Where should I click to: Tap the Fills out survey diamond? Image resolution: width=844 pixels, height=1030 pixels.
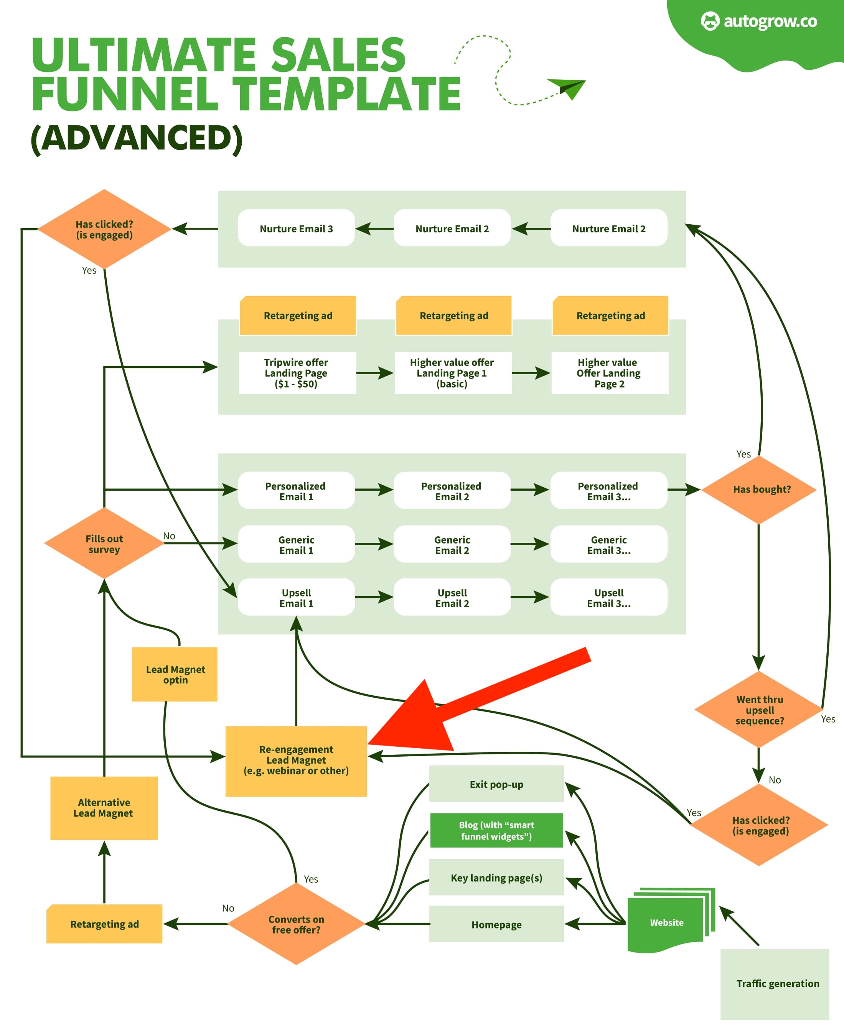(104, 544)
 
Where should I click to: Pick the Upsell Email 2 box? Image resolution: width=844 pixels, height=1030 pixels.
(452, 597)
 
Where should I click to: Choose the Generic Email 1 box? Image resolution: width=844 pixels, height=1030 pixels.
(296, 544)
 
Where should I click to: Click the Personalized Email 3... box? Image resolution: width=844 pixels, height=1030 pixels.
(608, 491)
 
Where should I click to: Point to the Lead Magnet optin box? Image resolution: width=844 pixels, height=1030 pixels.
(175, 674)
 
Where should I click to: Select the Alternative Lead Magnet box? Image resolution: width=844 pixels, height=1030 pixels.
(104, 808)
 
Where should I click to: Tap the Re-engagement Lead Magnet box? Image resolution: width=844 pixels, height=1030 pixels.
(296, 761)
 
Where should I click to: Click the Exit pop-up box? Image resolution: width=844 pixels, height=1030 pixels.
(496, 784)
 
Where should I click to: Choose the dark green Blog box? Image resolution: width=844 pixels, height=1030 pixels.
(496, 830)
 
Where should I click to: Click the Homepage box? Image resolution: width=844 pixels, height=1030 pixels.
(496, 924)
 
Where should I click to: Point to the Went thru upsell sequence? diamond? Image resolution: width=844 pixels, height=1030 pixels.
(759, 709)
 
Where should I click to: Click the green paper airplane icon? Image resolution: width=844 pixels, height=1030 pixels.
(569, 87)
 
